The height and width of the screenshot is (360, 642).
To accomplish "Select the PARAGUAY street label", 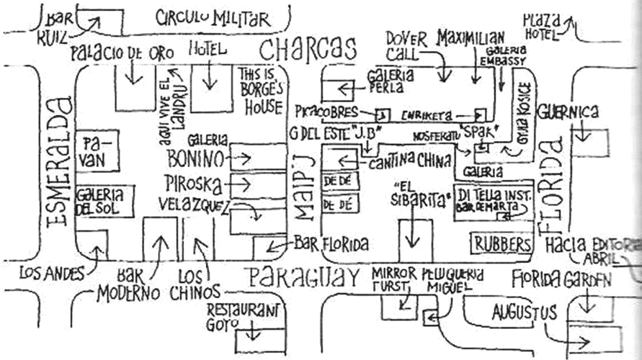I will tap(300, 276).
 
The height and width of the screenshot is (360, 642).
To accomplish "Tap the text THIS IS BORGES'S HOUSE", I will tap(260, 92).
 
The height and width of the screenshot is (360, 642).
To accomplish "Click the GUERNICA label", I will tap(569, 112).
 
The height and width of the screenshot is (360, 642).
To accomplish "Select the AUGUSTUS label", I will tap(524, 312).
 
